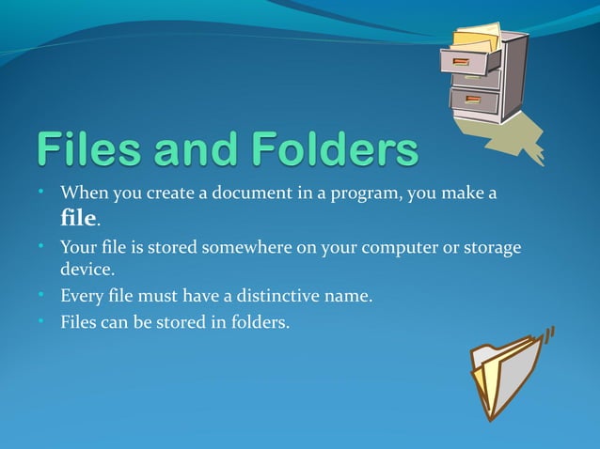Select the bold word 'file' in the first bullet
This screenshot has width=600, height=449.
coord(78,219)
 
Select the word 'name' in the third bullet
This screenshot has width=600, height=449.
coord(347,297)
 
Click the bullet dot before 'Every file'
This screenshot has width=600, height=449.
coord(43,295)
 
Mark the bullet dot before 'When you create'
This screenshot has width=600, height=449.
coord(43,193)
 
